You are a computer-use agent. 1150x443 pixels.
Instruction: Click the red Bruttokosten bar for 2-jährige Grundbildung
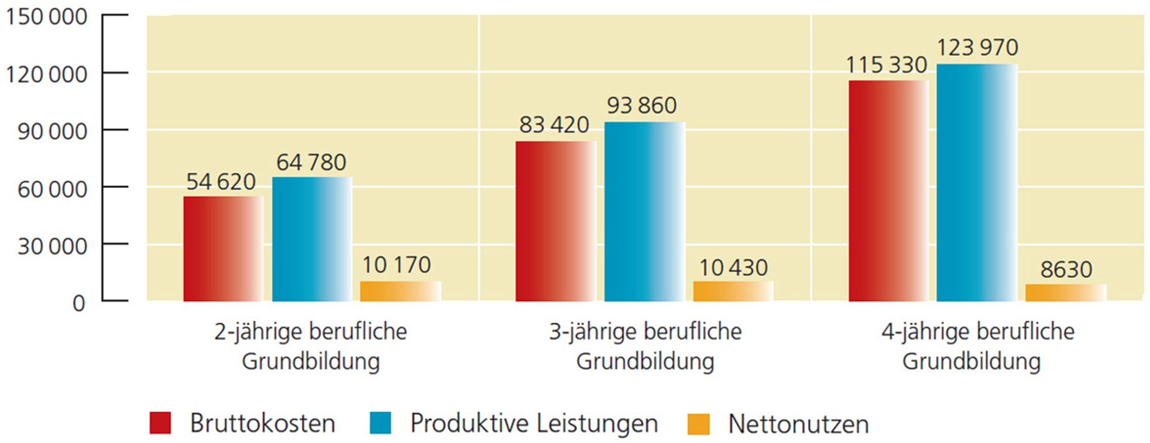click(223, 248)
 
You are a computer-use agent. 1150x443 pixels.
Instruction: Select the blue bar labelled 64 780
click(311, 239)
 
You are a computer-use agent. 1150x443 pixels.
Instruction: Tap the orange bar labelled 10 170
click(400, 291)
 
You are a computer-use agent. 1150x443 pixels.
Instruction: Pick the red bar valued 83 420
click(555, 221)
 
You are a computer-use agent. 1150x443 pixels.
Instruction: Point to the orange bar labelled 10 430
click(733, 291)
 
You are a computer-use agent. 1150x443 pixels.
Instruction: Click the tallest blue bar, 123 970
click(976, 183)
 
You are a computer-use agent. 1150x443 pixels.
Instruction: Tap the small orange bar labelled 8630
click(1066, 293)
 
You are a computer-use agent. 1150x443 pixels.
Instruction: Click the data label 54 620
click(221, 181)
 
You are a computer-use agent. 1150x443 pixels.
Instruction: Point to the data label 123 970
click(977, 47)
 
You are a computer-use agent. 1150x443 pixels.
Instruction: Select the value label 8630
click(1066, 269)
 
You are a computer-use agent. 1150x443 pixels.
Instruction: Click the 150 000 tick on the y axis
click(47, 17)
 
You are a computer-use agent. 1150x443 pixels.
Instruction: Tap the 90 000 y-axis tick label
click(52, 132)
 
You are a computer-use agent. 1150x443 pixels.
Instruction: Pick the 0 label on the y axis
click(78, 304)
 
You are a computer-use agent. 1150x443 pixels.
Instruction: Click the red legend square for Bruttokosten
click(160, 423)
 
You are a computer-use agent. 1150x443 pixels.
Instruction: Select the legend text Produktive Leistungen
click(534, 423)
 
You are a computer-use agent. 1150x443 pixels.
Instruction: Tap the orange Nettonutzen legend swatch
click(698, 424)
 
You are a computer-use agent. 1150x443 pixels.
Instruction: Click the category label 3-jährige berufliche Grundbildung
click(645, 346)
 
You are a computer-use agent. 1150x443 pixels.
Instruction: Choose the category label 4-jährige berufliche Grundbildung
click(977, 346)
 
